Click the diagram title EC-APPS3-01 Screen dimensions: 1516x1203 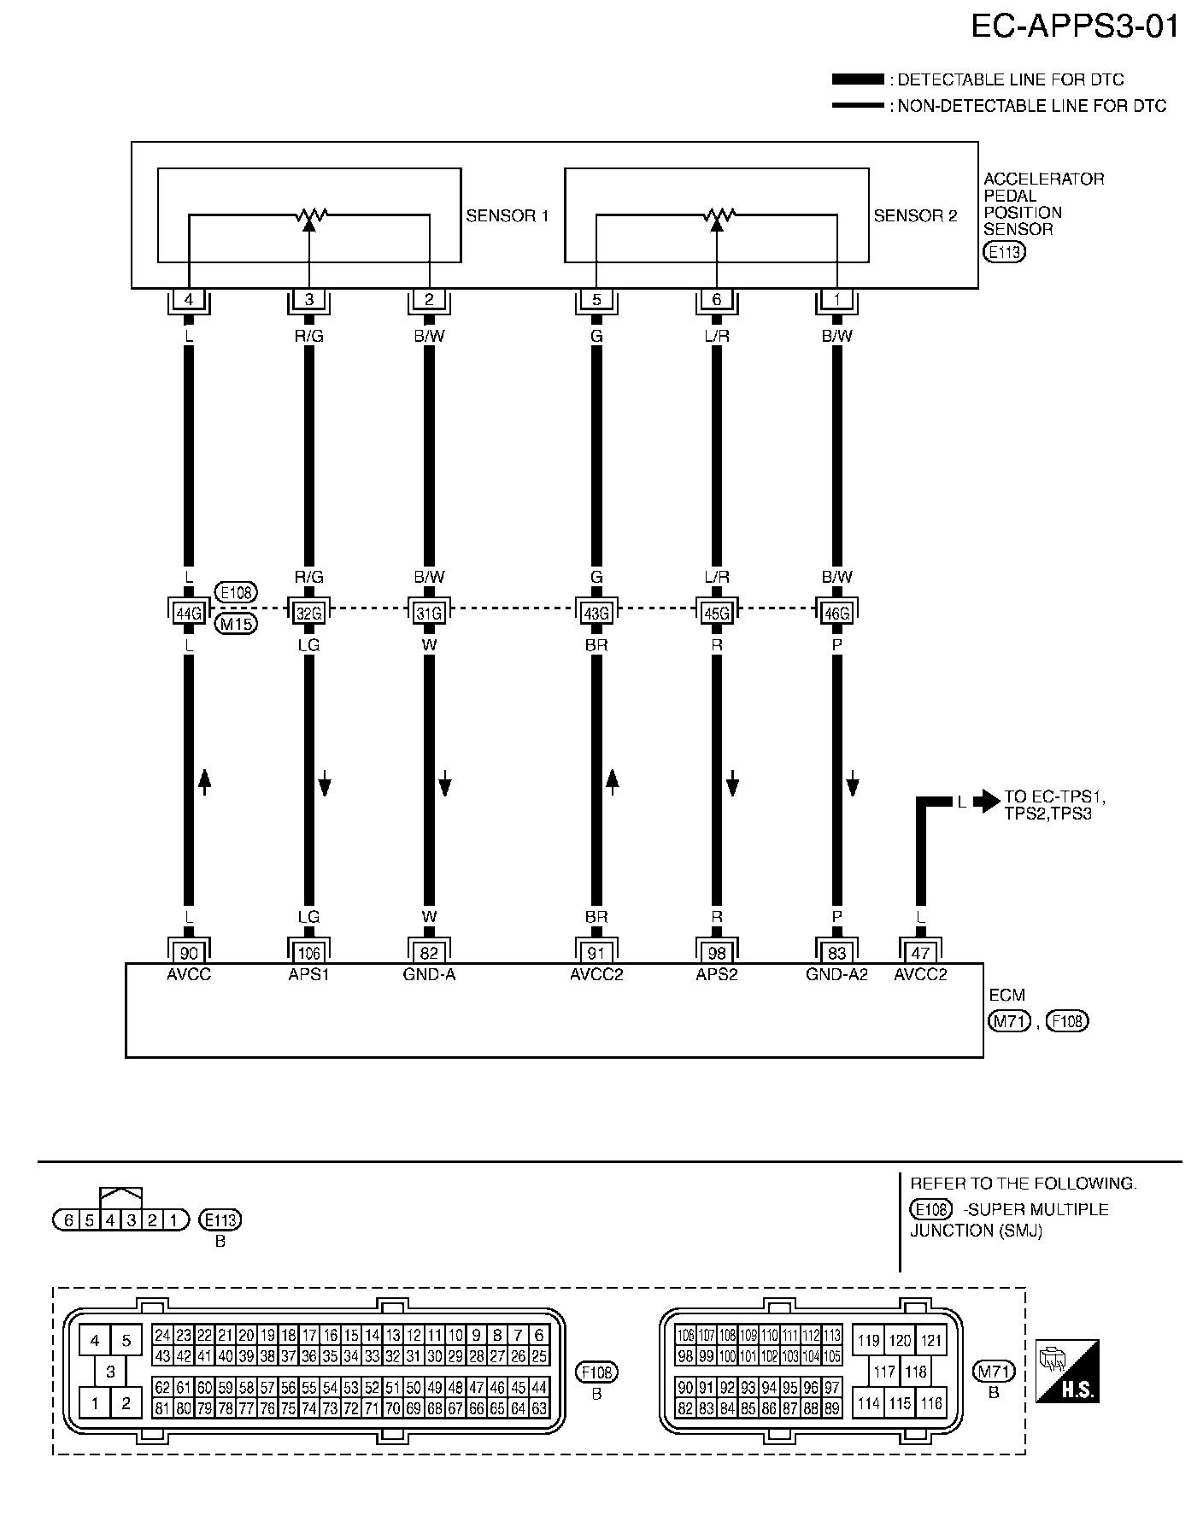point(1075,26)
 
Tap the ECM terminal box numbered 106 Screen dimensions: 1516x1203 point(308,953)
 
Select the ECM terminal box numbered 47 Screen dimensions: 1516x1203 point(920,953)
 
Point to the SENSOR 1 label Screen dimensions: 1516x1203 point(507,216)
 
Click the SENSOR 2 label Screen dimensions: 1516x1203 point(915,216)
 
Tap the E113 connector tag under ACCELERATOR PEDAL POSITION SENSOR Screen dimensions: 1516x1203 point(1005,252)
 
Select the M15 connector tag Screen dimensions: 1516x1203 point(236,624)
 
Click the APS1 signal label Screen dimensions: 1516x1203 point(308,974)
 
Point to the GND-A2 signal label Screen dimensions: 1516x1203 point(836,974)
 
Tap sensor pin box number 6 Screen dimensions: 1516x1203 point(716,299)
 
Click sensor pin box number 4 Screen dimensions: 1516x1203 point(189,299)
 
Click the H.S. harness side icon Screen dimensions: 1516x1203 point(1067,1372)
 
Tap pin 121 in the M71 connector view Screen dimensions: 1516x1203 point(931,1340)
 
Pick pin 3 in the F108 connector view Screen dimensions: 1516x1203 point(110,1372)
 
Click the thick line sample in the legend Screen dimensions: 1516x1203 point(858,79)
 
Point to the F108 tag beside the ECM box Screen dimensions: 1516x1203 point(1068,1020)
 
